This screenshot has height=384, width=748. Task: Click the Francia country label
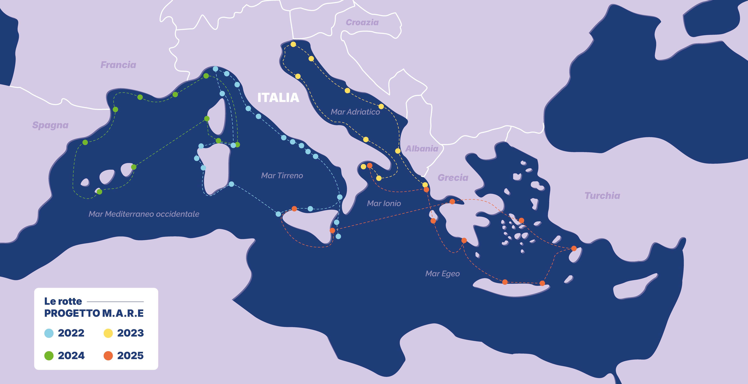[x=118, y=65]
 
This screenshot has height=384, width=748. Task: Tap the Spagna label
[x=50, y=125]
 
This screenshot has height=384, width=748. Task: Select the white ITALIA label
[x=278, y=98]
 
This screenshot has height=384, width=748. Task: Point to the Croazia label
[x=362, y=22]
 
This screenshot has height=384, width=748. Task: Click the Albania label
[x=422, y=149]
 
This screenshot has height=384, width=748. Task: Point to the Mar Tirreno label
[x=282, y=176]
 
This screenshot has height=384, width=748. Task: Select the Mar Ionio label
[x=384, y=203]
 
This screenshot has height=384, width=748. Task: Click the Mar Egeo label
[x=443, y=274]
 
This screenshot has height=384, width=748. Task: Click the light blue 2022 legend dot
[x=49, y=333]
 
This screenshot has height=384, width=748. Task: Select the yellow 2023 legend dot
[x=108, y=333]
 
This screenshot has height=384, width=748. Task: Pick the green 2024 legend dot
[x=49, y=355]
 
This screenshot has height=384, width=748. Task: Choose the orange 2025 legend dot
[x=108, y=355]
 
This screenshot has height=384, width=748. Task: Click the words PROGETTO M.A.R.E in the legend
[x=94, y=313]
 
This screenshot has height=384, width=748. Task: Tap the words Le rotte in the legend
[x=63, y=301]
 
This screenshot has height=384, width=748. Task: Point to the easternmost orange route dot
[x=574, y=248]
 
